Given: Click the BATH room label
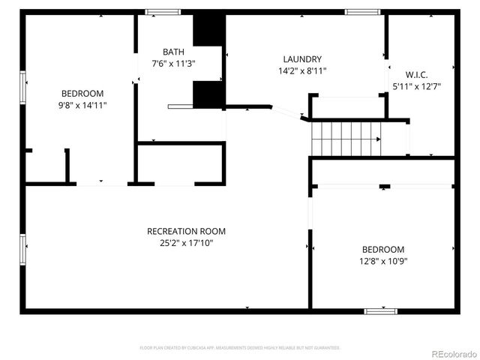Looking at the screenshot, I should tap(173, 52).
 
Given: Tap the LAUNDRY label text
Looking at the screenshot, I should tap(302, 59).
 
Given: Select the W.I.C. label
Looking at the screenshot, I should tap(416, 74).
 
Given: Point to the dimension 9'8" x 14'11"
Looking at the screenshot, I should tap(82, 106).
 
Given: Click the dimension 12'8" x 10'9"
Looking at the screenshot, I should tap(383, 261).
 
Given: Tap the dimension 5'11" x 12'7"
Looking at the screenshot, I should tap(416, 86).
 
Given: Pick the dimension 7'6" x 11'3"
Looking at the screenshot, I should tap(173, 64).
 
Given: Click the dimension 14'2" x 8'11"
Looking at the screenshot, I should tap(302, 71).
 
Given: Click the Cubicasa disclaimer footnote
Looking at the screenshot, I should tap(240, 348).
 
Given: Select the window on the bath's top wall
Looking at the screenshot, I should tap(163, 12).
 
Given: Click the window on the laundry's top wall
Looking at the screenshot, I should tap(362, 12).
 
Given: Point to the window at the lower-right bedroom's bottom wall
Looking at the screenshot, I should tap(381, 310).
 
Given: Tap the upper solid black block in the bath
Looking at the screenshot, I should tap(208, 30).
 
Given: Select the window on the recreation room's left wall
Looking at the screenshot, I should tap(23, 250).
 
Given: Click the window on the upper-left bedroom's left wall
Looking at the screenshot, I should tap(23, 88).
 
